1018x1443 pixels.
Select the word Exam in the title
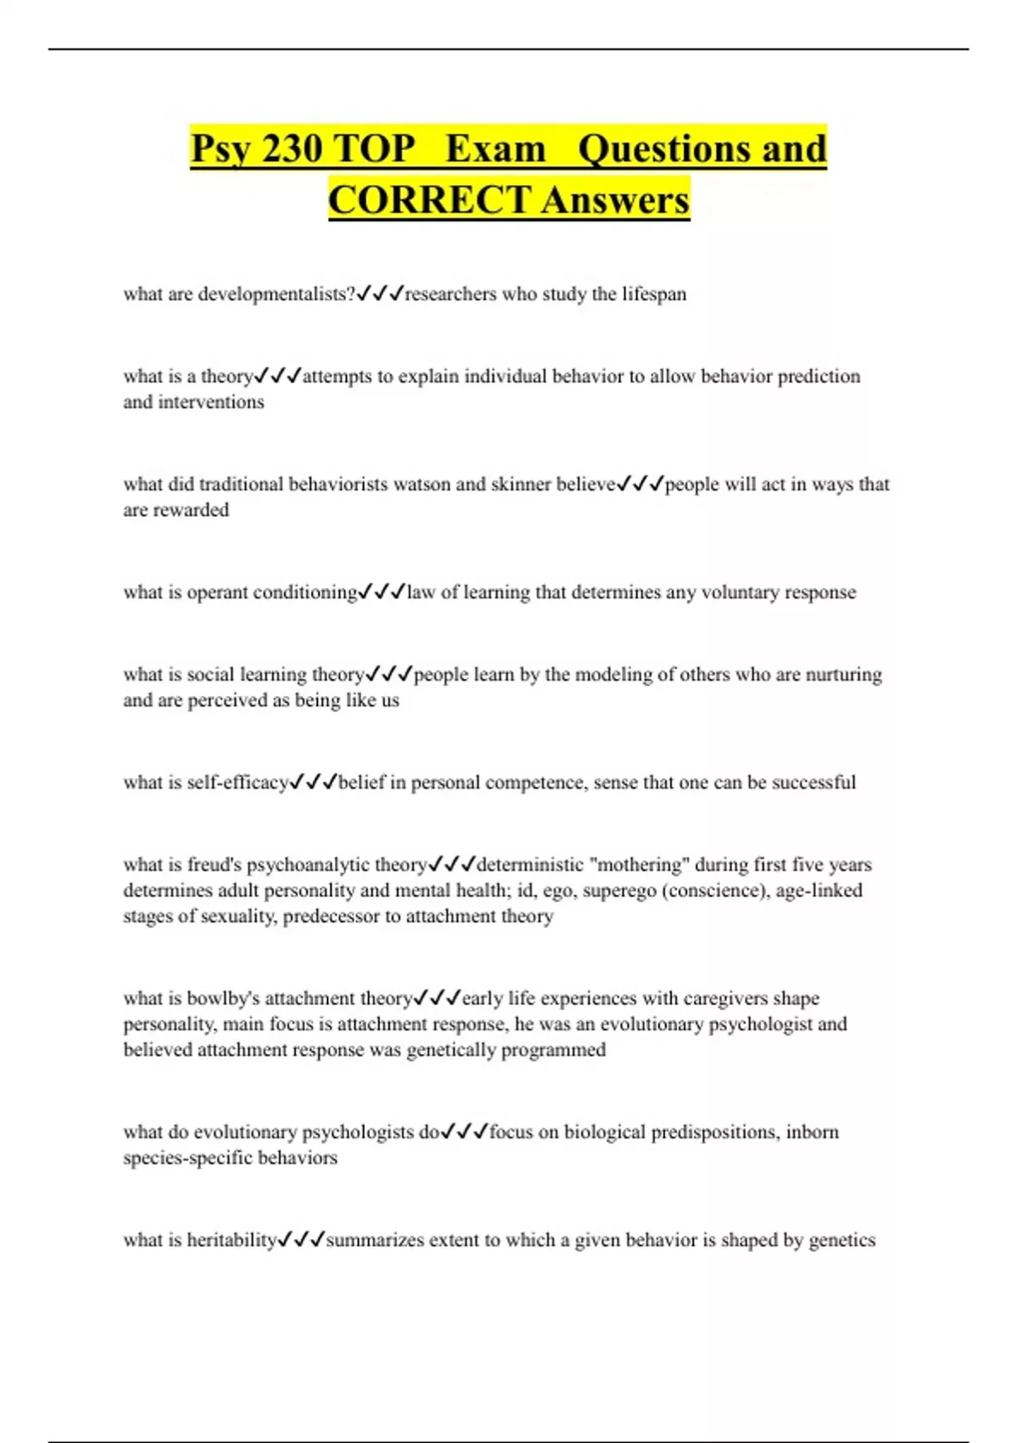(495, 149)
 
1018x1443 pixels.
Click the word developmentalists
(276, 295)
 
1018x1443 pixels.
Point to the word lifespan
(654, 295)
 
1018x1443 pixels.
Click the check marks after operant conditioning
(382, 592)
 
